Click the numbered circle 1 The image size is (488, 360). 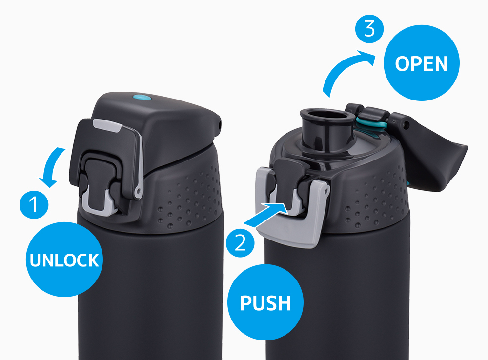(x=34, y=204)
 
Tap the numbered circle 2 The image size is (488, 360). (x=240, y=243)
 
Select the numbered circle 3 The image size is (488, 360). (x=369, y=29)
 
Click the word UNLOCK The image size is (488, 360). (x=64, y=260)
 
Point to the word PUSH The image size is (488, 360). (x=265, y=303)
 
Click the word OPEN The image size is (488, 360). (x=422, y=64)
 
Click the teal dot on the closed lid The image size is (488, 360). (x=142, y=98)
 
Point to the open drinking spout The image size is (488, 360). (x=327, y=128)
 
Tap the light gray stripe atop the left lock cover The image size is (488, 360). (x=107, y=125)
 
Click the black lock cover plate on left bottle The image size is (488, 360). (x=106, y=156)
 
